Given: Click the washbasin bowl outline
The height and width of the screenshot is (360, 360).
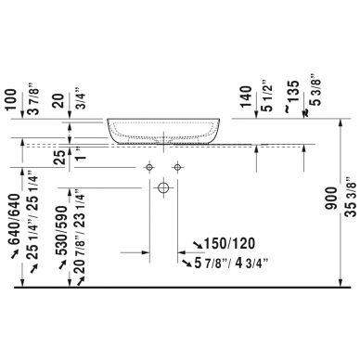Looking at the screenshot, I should (x=164, y=131).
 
